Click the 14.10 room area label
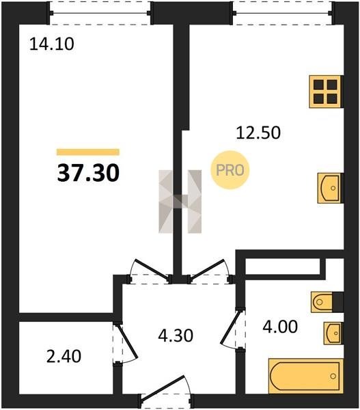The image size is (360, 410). coord(52,44)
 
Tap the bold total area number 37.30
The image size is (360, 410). coord(88,173)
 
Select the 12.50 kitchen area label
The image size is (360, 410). coord(258,133)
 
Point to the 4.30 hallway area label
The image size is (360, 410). coord(176,336)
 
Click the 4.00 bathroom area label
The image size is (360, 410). coord(280,327)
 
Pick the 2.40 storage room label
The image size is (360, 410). coord(64,357)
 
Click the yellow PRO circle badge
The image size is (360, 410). coord(230,170)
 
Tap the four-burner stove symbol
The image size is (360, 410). coord(326,92)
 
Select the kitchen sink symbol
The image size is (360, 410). coord(330,188)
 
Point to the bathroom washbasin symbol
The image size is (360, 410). coord(333,333)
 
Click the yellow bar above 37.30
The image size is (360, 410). coord(88,152)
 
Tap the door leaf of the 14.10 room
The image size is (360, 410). coord(152,269)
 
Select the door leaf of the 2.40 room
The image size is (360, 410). coord(126,341)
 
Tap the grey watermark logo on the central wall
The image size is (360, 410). coord(180,202)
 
